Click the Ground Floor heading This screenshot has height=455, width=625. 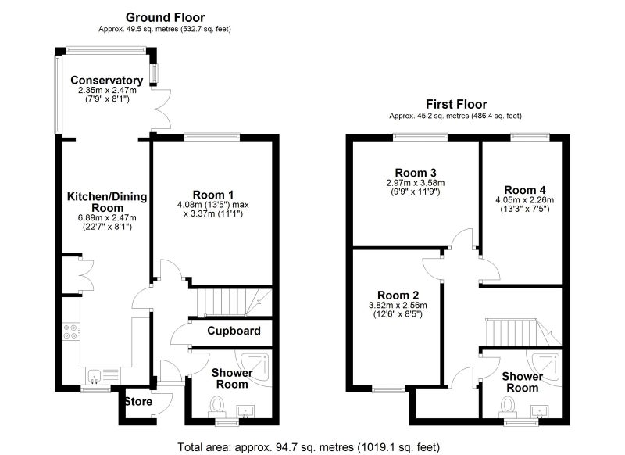pyautogui.click(x=165, y=17)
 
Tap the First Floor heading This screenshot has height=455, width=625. pyautogui.click(x=456, y=104)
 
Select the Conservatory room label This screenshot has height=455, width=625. pyautogui.click(x=107, y=81)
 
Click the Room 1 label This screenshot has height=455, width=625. pyautogui.click(x=213, y=195)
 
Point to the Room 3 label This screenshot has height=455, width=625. pyautogui.click(x=416, y=173)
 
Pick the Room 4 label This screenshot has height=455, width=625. pyautogui.click(x=525, y=190)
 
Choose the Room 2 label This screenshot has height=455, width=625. pyautogui.click(x=398, y=295)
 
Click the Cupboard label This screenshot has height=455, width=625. pyautogui.click(x=234, y=331)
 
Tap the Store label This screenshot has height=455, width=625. pyautogui.click(x=139, y=402)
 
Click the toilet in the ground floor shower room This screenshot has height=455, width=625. pyautogui.click(x=217, y=406)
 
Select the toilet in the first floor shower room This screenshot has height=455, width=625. pyautogui.click(x=508, y=407)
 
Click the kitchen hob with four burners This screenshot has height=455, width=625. pyautogui.click(x=71, y=331)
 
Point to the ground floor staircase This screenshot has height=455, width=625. pyautogui.click(x=234, y=302)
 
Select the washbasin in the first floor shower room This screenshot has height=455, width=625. pyautogui.click(x=540, y=411)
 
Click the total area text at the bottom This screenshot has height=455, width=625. pyautogui.click(x=309, y=447)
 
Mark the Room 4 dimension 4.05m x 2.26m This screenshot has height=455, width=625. pyautogui.click(x=525, y=200)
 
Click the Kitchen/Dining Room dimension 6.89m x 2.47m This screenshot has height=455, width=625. pyautogui.click(x=107, y=218)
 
